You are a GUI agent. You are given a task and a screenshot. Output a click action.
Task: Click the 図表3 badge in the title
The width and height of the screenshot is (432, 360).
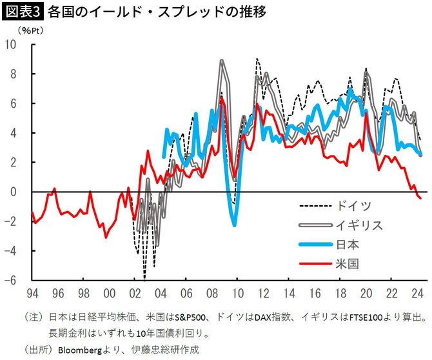tap(23, 12)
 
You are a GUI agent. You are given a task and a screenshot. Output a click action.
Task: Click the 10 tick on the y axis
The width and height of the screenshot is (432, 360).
tap(11, 45)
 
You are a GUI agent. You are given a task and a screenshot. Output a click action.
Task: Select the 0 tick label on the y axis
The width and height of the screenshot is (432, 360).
tap(14, 192)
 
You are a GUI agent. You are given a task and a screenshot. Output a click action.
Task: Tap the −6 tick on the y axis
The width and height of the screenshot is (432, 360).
tap(11, 281)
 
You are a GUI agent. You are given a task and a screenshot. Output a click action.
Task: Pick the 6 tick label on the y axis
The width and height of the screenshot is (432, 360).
tap(14, 104)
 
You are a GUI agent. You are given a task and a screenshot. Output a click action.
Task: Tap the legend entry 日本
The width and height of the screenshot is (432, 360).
tap(348, 245)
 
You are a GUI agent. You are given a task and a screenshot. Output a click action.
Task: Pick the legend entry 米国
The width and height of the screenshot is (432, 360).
tap(348, 263)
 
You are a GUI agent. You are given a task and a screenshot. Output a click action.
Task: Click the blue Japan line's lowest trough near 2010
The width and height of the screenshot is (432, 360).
tap(234, 225)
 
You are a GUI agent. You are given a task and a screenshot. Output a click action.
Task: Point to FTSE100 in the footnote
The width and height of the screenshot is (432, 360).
tap(364, 317)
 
